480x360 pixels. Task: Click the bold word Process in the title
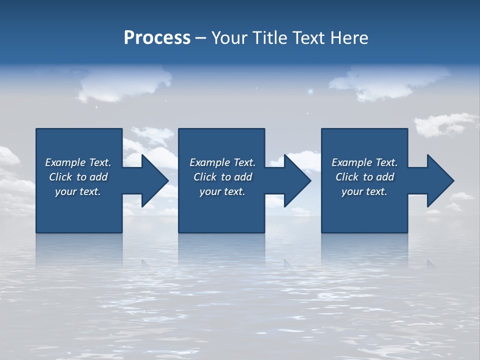(157, 38)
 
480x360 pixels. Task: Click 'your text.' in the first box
(78, 191)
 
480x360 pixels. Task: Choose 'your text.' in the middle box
(222, 191)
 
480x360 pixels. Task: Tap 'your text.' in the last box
(364, 191)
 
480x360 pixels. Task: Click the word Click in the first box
(60, 177)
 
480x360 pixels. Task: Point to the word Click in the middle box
(205, 177)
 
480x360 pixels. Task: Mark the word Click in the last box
(347, 177)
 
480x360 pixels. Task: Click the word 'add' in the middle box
(243, 177)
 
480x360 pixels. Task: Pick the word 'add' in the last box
(385, 177)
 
